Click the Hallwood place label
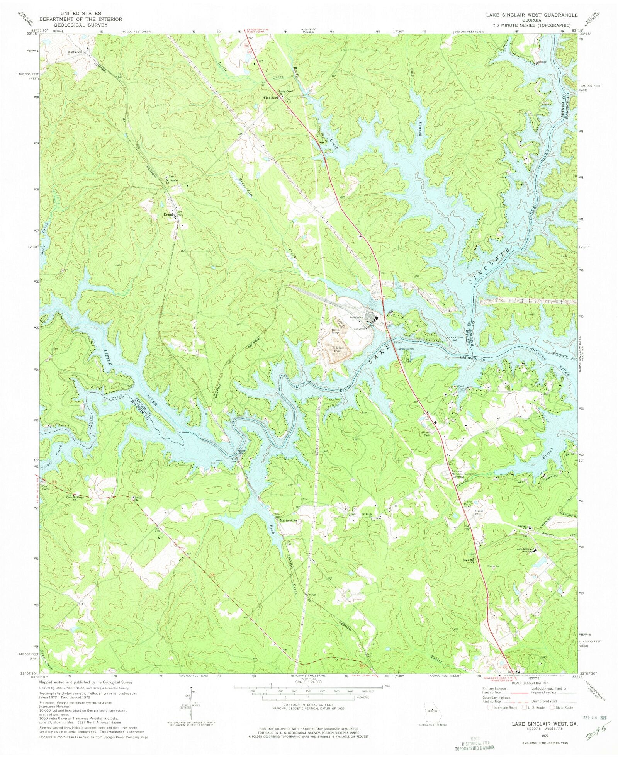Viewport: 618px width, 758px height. (75, 52)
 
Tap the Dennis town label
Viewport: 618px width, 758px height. (169, 214)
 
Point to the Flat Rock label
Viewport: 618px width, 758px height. (271, 98)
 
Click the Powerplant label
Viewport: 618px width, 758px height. (357, 317)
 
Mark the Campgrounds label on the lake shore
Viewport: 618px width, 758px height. (405, 349)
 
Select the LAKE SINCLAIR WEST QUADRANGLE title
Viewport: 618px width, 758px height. (529, 15)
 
